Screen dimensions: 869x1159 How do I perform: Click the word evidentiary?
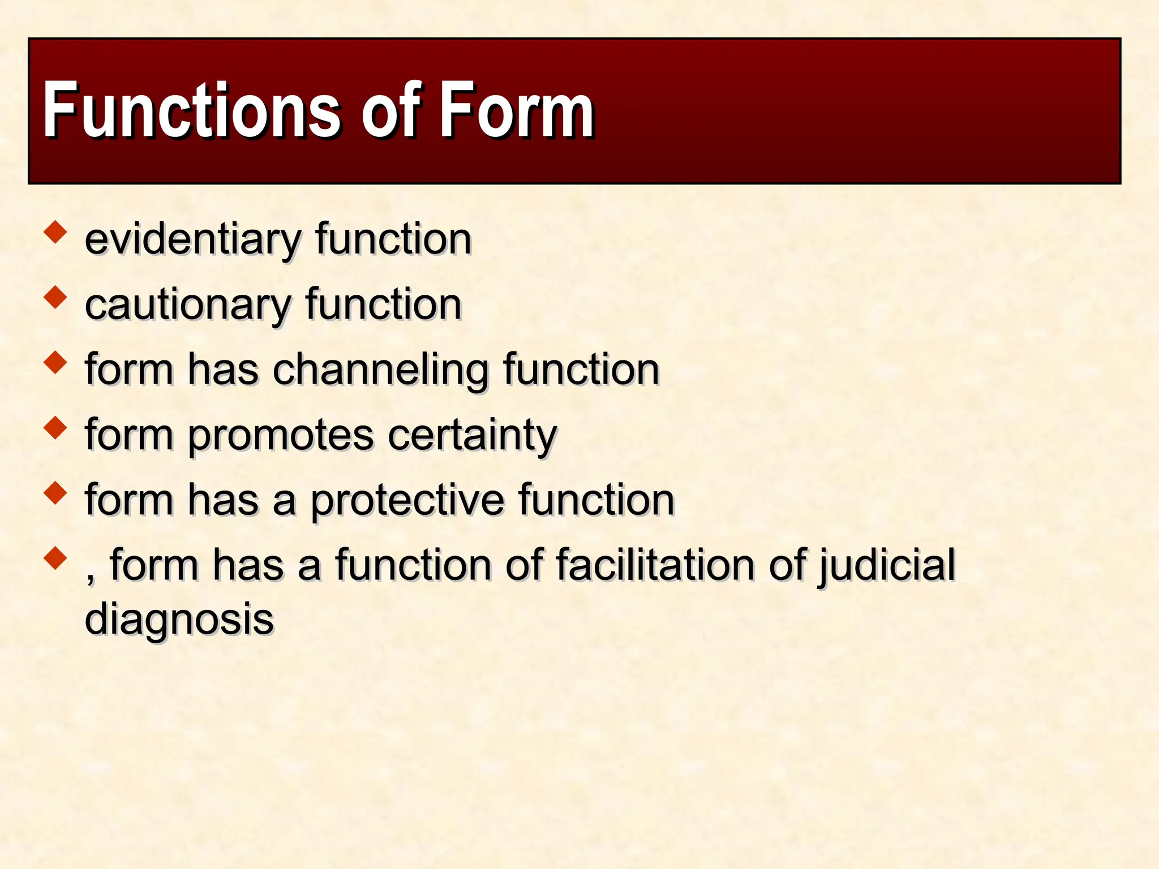point(192,240)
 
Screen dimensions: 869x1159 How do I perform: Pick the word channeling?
point(380,370)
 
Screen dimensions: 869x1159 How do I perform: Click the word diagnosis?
point(179,620)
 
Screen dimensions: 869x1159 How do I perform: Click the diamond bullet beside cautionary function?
point(55,297)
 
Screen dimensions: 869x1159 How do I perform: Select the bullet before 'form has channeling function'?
point(55,362)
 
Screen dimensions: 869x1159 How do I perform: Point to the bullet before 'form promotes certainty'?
point(55,427)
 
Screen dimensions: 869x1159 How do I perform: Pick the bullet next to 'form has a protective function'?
point(55,492)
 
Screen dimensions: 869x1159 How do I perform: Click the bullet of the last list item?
point(55,557)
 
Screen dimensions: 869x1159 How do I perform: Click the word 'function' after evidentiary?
point(393,240)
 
